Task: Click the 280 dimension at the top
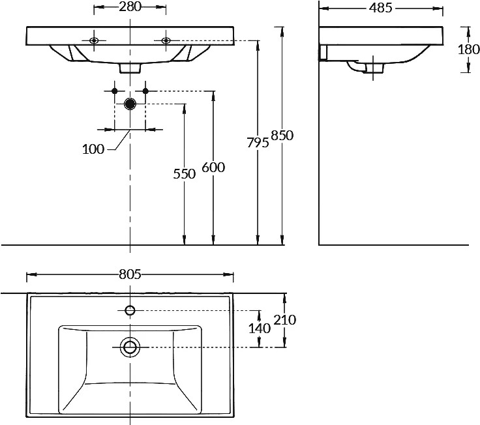pyautogui.click(x=130, y=7)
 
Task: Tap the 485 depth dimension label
pyautogui.click(x=380, y=8)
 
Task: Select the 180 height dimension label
pyautogui.click(x=469, y=50)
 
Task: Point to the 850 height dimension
pyautogui.click(x=282, y=135)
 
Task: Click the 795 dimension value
pyautogui.click(x=258, y=143)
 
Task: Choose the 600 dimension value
pyautogui.click(x=213, y=168)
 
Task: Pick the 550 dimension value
pyautogui.click(x=185, y=174)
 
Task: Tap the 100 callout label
pyautogui.click(x=93, y=149)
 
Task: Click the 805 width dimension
pyautogui.click(x=130, y=274)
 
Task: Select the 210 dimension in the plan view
pyautogui.click(x=285, y=320)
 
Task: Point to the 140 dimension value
pyautogui.click(x=260, y=329)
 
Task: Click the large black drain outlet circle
pyautogui.click(x=130, y=104)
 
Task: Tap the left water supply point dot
pyautogui.click(x=115, y=91)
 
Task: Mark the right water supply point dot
pyautogui.click(x=145, y=91)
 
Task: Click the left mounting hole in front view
pyautogui.click(x=94, y=40)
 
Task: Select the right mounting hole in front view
pyautogui.click(x=166, y=40)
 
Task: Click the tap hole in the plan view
pyautogui.click(x=130, y=310)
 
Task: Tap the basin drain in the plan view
pyautogui.click(x=130, y=347)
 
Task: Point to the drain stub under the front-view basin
pyautogui.click(x=130, y=68)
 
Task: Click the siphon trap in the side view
pyautogui.click(x=365, y=67)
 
